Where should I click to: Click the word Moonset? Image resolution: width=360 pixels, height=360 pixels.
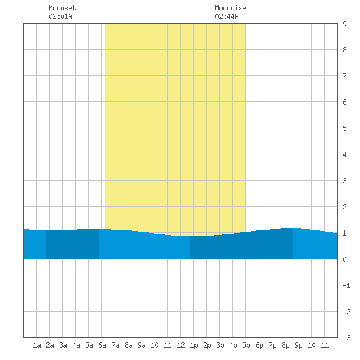pyautogui.click(x=62, y=8)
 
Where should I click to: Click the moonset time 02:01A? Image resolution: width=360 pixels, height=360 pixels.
pyautogui.click(x=61, y=16)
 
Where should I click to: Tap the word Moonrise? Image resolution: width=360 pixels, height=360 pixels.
pyautogui.click(x=230, y=8)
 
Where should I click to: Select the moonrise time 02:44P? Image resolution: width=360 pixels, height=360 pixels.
pyautogui.click(x=227, y=16)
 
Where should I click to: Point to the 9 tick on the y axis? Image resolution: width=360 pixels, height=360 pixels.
pyautogui.click(x=344, y=24)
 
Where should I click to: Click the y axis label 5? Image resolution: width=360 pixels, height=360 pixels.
pyautogui.click(x=344, y=128)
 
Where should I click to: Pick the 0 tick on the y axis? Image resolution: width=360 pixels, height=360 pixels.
pyautogui.click(x=344, y=259)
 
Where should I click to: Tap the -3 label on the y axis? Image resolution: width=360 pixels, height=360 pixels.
pyautogui.click(x=346, y=338)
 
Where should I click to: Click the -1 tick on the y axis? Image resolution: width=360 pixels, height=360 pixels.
pyautogui.click(x=346, y=285)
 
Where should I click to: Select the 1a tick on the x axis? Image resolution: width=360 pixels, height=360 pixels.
pyautogui.click(x=37, y=345)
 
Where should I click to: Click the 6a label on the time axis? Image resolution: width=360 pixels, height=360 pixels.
pyautogui.click(x=102, y=345)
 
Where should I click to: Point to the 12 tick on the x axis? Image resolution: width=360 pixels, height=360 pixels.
pyautogui.click(x=181, y=345)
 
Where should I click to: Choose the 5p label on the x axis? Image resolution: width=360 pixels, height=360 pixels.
pyautogui.click(x=246, y=345)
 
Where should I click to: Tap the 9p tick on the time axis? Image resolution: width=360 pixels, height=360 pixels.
pyautogui.click(x=298, y=345)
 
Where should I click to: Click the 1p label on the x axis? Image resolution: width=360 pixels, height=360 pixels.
pyautogui.click(x=194, y=345)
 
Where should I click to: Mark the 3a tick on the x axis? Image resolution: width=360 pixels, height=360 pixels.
pyautogui.click(x=63, y=345)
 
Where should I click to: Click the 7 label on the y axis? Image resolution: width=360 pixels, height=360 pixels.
pyautogui.click(x=344, y=76)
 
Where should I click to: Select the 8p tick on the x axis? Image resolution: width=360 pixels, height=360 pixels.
pyautogui.click(x=285, y=345)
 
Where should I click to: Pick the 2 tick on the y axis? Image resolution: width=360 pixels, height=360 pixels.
pyautogui.click(x=344, y=207)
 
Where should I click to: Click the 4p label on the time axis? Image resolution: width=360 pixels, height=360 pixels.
pyautogui.click(x=233, y=345)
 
